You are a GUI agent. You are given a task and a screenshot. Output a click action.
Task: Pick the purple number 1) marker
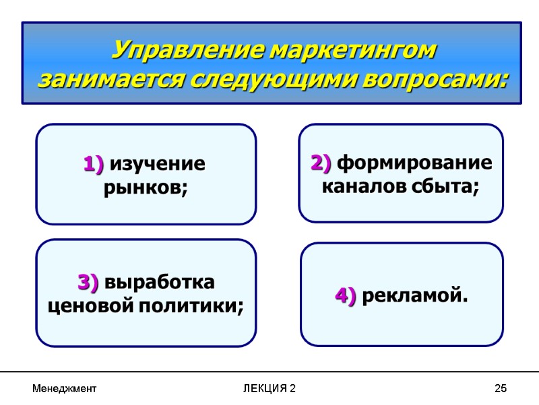tap(94, 164)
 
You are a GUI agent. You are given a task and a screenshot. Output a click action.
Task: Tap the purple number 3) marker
tap(88, 281)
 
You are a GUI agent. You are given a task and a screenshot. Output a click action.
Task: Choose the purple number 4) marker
tap(346, 296)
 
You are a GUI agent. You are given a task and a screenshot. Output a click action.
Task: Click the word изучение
tap(157, 164)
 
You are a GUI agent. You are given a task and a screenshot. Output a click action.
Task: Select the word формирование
tap(414, 163)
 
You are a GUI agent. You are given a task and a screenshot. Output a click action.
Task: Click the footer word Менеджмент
tap(65, 389)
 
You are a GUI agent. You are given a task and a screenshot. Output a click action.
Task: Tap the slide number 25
tap(500, 389)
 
